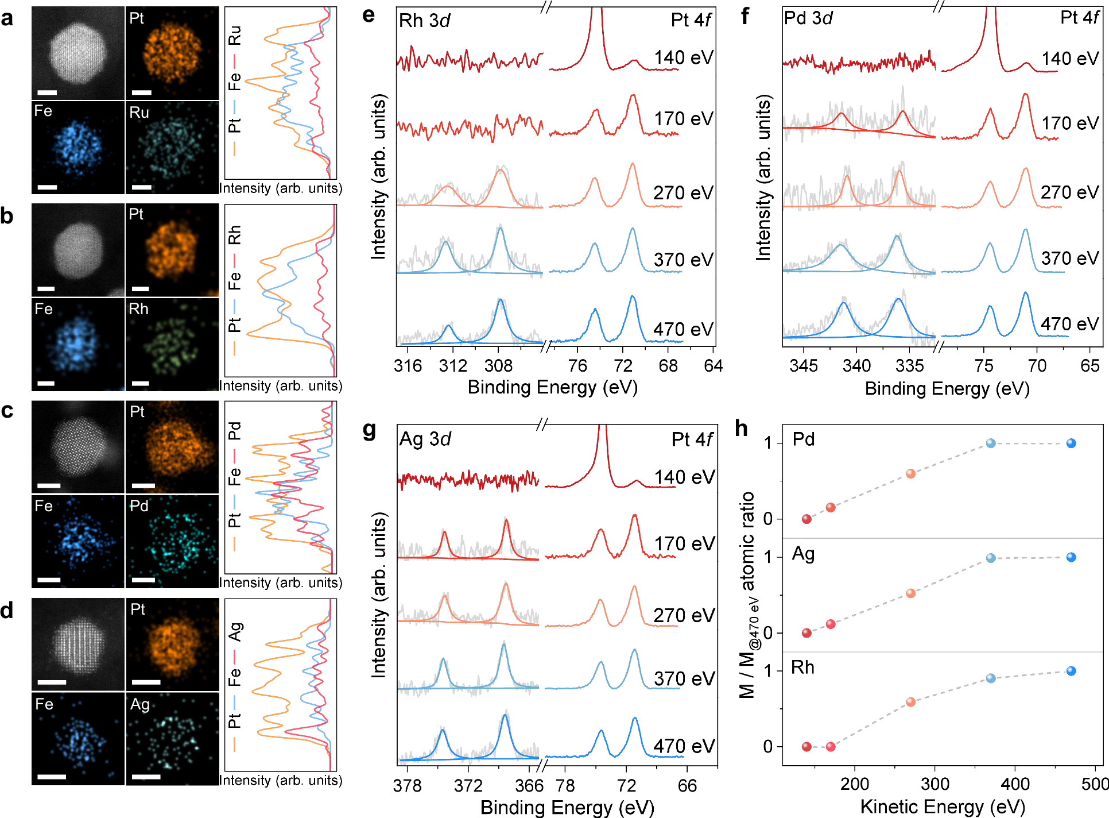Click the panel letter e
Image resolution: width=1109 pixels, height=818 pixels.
pyautogui.click(x=369, y=16)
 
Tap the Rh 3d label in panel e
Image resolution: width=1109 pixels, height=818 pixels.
pyautogui.click(x=424, y=21)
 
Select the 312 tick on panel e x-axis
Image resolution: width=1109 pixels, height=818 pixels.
pyautogui.click(x=453, y=365)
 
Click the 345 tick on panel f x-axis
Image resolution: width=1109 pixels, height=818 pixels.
pyautogui.click(x=803, y=365)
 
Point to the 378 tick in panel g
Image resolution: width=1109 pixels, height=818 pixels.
pyautogui.click(x=407, y=785)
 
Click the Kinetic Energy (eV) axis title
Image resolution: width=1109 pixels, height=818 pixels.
pyautogui.click(x=942, y=807)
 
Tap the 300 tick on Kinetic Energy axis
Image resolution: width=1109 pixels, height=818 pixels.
pyautogui.click(x=934, y=784)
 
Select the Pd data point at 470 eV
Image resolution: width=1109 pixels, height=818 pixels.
pyautogui.click(x=1071, y=443)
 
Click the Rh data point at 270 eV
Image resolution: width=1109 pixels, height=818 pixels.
pyautogui.click(x=910, y=702)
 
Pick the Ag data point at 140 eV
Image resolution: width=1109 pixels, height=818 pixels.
pyautogui.click(x=806, y=633)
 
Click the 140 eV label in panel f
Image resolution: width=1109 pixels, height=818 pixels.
pyautogui.click(x=1070, y=59)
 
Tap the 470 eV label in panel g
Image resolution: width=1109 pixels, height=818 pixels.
pyautogui.click(x=684, y=746)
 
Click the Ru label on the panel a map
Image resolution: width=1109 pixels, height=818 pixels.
pyautogui.click(x=139, y=112)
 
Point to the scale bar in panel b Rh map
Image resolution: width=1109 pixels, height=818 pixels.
pyautogui.click(x=141, y=383)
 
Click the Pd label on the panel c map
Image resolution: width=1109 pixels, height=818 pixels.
pyautogui.click(x=139, y=506)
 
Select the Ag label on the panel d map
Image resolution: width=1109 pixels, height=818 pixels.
pyautogui.click(x=139, y=704)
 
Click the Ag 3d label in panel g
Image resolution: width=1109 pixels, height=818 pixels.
pyautogui.click(x=425, y=439)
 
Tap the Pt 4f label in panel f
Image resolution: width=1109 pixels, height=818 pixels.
pyautogui.click(x=1079, y=18)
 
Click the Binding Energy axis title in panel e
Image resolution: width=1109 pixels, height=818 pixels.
pyautogui.click(x=552, y=387)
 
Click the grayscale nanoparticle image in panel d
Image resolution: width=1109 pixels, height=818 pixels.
pyautogui.click(x=78, y=644)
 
